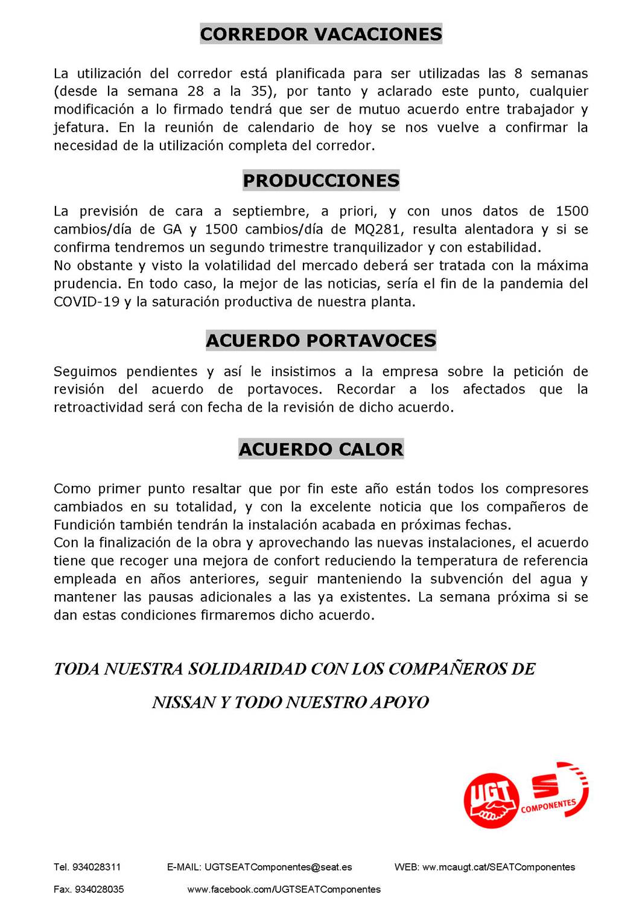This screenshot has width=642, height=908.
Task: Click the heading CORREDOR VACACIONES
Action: coord(321,34)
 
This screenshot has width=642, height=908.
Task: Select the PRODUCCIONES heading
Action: coord(321,181)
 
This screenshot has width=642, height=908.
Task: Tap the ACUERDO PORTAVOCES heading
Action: coord(321,340)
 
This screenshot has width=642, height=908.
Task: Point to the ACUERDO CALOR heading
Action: coord(321,449)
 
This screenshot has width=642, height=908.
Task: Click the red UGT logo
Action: coord(491,800)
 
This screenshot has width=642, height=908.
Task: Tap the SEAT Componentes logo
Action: coord(556,791)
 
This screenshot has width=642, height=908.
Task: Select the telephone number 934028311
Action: coord(97,867)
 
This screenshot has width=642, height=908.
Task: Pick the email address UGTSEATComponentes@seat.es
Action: coord(278,867)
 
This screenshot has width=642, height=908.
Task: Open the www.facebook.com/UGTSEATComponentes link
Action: coord(284,889)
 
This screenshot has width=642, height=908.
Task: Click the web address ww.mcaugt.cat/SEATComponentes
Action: coord(498,867)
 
